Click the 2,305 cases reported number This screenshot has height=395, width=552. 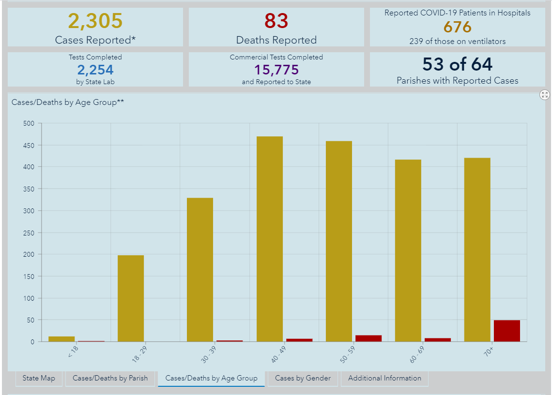(x=95, y=21)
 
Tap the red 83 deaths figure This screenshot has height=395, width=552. (x=276, y=21)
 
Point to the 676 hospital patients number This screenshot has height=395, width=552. (x=457, y=27)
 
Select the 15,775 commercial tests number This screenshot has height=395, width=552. (x=276, y=70)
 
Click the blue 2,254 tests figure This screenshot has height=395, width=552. (x=95, y=70)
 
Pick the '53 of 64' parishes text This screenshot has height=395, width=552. (x=457, y=64)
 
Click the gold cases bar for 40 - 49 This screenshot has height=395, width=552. (x=270, y=239)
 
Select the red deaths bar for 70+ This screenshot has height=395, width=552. (x=506, y=331)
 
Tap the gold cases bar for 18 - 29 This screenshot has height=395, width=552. (x=131, y=298)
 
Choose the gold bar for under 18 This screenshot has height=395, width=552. (x=61, y=339)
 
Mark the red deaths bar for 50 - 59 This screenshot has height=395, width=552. (x=368, y=338)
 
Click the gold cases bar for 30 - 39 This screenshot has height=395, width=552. (x=200, y=269)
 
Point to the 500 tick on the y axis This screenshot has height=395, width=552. (x=29, y=123)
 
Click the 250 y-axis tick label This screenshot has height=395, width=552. (x=29, y=233)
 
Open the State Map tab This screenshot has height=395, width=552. (x=39, y=378)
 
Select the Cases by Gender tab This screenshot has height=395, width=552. (x=303, y=378)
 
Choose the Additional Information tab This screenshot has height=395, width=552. (x=384, y=378)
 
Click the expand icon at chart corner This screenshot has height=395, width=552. (x=545, y=95)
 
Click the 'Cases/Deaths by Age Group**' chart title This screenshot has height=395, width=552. (x=67, y=102)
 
